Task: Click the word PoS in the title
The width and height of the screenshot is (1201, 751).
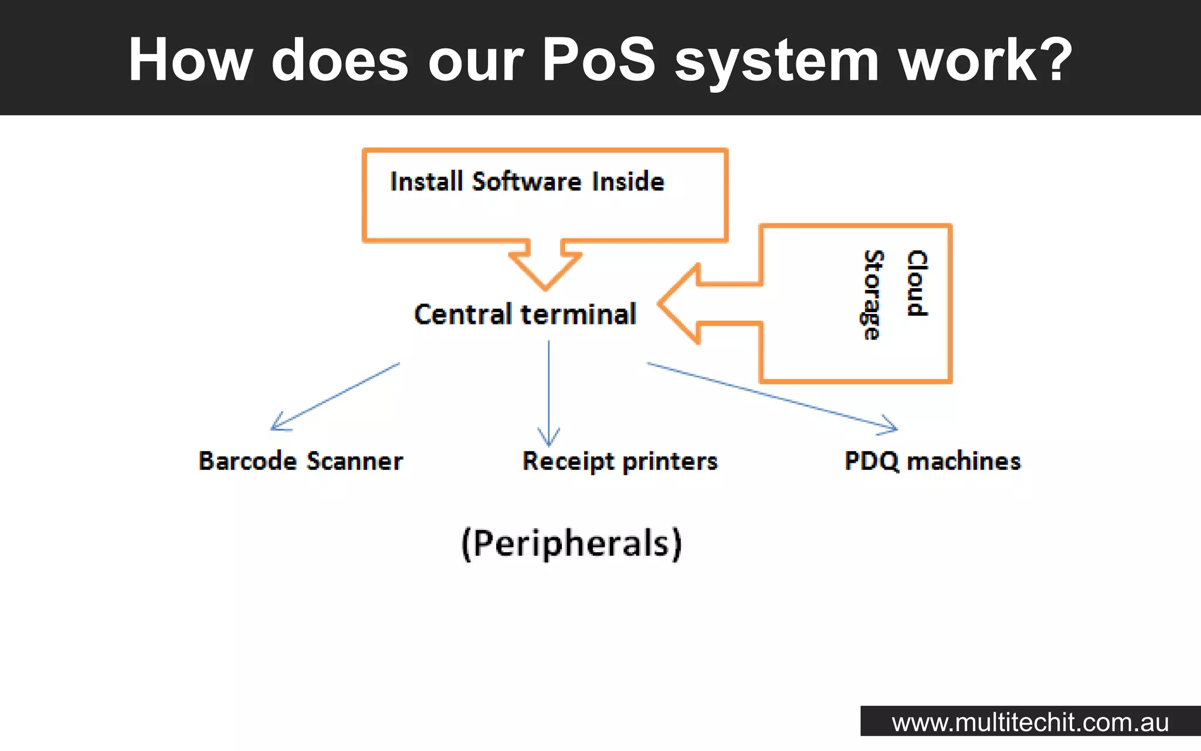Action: tap(598, 59)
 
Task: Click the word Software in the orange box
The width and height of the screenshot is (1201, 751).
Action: tap(527, 181)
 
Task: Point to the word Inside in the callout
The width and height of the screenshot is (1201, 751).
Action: tap(628, 181)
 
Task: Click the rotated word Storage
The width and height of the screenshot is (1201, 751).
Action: tap(873, 295)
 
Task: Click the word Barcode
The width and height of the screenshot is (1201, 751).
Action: tap(247, 461)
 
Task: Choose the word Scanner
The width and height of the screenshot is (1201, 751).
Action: tap(355, 461)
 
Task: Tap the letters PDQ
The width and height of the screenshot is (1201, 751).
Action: tap(871, 461)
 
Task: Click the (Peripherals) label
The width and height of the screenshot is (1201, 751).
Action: tap(572, 543)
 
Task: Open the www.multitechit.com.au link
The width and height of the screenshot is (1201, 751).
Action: tap(1030, 722)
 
